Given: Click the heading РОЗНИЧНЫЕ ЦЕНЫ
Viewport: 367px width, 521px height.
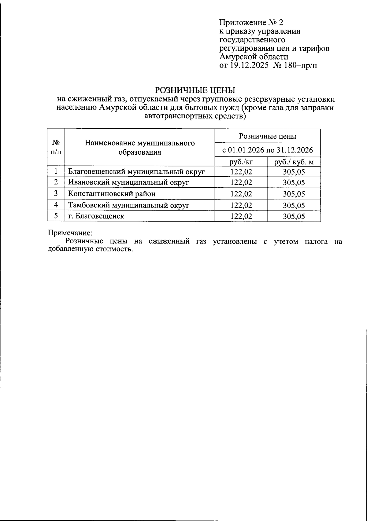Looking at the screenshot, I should (x=195, y=90).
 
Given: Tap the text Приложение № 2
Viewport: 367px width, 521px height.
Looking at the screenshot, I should (x=251, y=23).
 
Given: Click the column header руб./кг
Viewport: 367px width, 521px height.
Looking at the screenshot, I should (x=241, y=162).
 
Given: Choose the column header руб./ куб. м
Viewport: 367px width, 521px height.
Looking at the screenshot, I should (x=294, y=162).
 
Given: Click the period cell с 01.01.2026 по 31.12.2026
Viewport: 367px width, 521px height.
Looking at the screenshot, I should (x=268, y=150).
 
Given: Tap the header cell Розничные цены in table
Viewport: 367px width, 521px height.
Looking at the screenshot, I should (x=268, y=136).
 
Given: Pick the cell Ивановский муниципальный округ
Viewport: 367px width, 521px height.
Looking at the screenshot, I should (x=128, y=182).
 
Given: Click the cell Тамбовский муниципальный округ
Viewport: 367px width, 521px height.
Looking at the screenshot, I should (x=129, y=205).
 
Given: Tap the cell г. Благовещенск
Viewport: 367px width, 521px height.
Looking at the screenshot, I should (x=96, y=216).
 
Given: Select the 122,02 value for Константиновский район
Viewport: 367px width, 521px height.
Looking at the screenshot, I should (x=241, y=194).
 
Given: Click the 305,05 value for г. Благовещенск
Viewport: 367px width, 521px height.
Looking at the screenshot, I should (x=294, y=216).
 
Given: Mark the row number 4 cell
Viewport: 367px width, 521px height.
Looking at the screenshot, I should (x=56, y=205).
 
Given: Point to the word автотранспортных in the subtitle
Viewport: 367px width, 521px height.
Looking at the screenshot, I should (x=175, y=116).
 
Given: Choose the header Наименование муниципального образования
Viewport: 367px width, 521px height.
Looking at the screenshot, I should (x=140, y=148).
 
